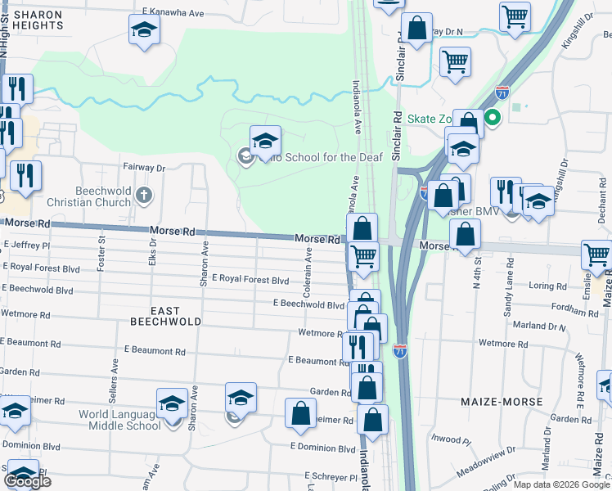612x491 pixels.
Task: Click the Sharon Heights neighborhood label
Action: [x=38, y=20]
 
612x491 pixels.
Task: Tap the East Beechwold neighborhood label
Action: [x=165, y=316]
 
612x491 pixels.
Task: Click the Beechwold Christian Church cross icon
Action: [x=144, y=195]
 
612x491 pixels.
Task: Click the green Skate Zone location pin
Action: [x=493, y=118]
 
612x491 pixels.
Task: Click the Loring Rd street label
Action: [x=547, y=286]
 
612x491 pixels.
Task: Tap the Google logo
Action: [x=27, y=481]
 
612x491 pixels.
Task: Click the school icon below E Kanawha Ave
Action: [x=145, y=30]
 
